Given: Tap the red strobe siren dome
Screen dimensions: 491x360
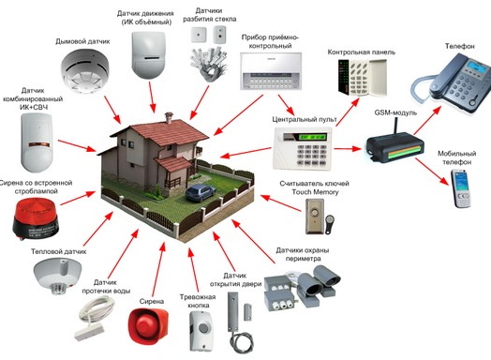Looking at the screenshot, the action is [36, 211].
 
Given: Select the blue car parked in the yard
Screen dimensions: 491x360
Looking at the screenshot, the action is [201, 192].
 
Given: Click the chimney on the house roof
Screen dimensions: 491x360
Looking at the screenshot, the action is [169, 117].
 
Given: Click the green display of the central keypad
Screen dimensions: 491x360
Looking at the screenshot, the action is [313, 137].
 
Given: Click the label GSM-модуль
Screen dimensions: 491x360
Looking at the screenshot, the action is [395, 112].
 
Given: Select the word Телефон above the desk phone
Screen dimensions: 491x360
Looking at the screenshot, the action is [460, 46].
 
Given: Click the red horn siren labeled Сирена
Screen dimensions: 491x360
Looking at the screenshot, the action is [148, 325].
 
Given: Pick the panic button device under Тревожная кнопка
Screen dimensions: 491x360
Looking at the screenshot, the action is [202, 331].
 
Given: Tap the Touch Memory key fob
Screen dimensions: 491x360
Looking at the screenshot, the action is [330, 223].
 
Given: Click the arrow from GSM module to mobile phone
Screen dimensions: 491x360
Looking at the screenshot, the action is [432, 172].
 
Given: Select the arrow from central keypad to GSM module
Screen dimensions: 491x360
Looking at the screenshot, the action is [348, 148].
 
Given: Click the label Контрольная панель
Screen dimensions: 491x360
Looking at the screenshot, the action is [362, 52].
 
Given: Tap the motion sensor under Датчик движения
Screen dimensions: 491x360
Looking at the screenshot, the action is [148, 54].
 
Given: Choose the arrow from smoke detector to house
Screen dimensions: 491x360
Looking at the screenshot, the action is [112, 110].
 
